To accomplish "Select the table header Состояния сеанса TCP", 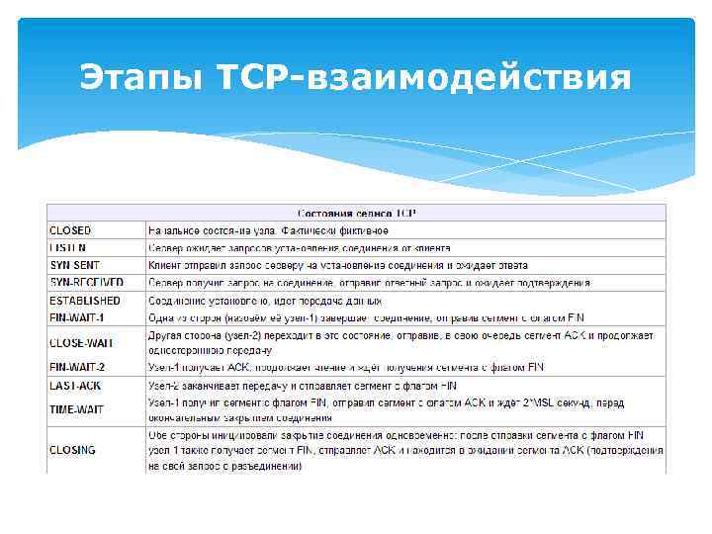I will click(357, 213).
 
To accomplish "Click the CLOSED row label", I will click(72, 229).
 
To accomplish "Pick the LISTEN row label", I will click(68, 247).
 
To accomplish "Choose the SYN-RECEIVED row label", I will click(86, 283).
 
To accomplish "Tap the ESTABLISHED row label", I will click(85, 301).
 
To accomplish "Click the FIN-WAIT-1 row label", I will click(77, 317).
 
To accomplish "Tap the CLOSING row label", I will click(73, 450).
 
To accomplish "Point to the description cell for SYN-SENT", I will click(337, 265).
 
